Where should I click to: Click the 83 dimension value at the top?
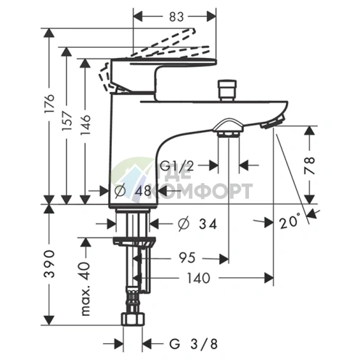pos(176,17)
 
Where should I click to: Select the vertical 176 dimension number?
pos(50,104)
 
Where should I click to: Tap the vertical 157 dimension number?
pos(67,121)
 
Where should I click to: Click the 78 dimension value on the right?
pos(310,165)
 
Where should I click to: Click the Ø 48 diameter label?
pos(133,191)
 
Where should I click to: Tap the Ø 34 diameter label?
pos(197,224)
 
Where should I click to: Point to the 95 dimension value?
pos(187,258)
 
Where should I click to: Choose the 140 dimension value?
pos(199,278)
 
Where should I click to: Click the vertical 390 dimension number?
pos(50,263)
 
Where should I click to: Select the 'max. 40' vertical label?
pos(85,289)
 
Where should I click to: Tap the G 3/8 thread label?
pos(193,344)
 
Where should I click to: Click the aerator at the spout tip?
pos(273,122)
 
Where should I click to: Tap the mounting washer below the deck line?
pos(134,242)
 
